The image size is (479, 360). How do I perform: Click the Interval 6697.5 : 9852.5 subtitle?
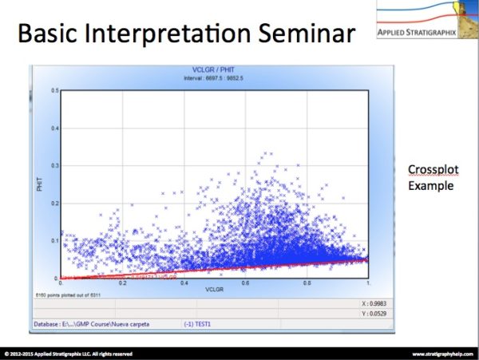point(214,78)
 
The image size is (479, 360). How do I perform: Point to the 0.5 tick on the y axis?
point(55,90)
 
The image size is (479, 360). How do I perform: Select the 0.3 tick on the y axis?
point(55,165)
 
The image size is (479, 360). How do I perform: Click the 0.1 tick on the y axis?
point(55,240)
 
